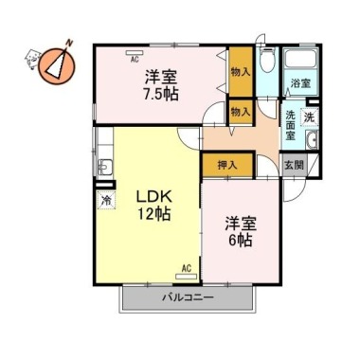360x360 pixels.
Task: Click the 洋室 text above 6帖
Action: [240, 224]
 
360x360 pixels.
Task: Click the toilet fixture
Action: [266, 64]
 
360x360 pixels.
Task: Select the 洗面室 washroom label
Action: [292, 124]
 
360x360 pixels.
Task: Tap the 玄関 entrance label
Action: [294, 165]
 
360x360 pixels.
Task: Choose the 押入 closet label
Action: [214, 164]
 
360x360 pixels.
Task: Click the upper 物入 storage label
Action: [240, 71]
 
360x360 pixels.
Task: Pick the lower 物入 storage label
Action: [240, 112]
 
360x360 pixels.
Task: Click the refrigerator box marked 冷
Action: [106, 200]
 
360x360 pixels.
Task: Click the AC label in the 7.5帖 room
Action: [134, 57]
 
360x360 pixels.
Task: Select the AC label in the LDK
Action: [186, 268]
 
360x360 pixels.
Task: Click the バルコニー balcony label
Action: [187, 297]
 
